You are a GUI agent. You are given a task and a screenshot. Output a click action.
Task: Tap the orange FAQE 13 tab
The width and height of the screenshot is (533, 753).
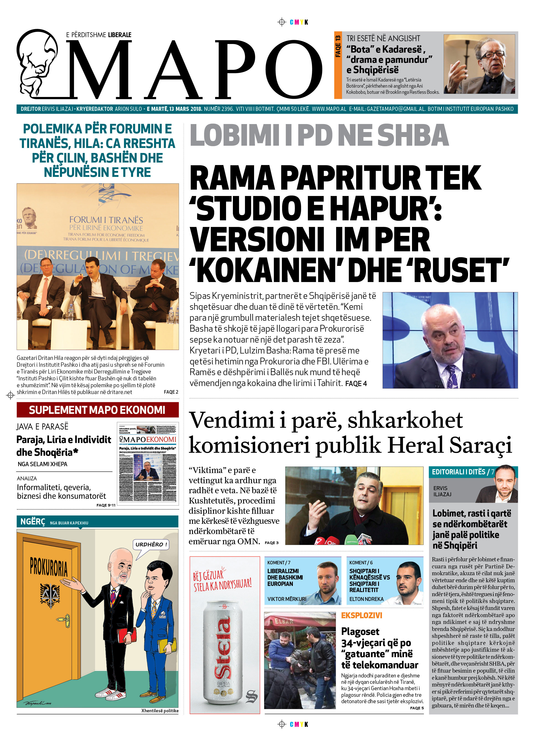tap(338, 65)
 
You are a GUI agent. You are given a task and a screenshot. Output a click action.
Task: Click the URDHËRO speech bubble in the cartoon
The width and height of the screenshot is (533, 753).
tap(151, 545)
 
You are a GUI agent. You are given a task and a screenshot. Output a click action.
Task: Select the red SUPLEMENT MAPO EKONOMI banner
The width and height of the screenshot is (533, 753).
tap(98, 410)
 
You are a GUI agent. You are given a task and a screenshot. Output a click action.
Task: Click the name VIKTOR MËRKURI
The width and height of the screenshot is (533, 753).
tap(287, 599)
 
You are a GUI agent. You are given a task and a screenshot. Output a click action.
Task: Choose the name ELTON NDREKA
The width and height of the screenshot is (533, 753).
tap(366, 599)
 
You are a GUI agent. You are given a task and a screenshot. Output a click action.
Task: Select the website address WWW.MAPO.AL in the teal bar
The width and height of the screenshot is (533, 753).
tap(329, 109)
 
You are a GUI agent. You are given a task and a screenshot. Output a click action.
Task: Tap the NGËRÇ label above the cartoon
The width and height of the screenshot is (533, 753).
tap(33, 522)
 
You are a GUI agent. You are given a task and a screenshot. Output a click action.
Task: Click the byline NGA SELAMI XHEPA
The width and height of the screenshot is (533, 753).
tap(42, 464)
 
